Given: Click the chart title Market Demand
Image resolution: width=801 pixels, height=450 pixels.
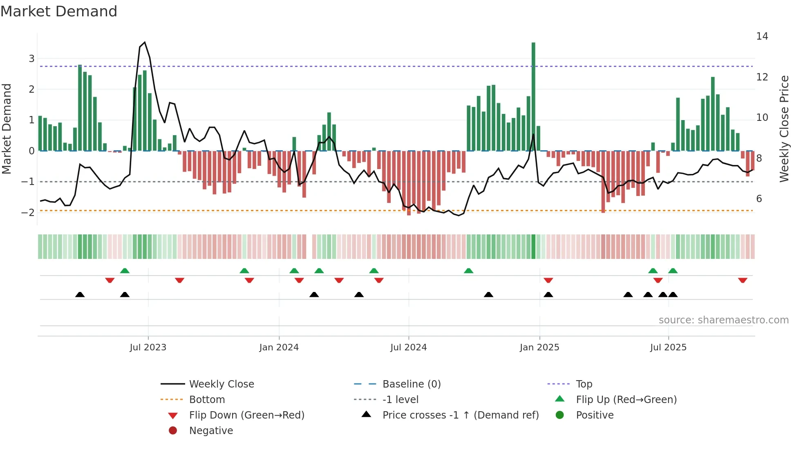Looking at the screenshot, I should pyautogui.click(x=59, y=11).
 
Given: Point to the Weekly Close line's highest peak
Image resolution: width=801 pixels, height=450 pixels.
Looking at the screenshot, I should pyautogui.click(x=145, y=42).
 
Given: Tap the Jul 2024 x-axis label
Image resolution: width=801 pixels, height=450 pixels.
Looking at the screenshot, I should pyautogui.click(x=408, y=348).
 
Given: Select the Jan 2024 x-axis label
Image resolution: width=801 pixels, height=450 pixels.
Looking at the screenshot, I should pyautogui.click(x=279, y=348).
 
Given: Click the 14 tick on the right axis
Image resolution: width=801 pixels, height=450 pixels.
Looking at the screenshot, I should pyautogui.click(x=762, y=36).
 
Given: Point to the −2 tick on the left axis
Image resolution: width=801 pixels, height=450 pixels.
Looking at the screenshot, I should pyautogui.click(x=28, y=212).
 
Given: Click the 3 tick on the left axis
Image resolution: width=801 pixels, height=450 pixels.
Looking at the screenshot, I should pyautogui.click(x=31, y=58).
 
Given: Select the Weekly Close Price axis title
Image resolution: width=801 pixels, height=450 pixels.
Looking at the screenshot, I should pyautogui.click(x=784, y=129).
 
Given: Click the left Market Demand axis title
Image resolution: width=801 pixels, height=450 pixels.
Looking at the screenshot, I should pyautogui.click(x=7, y=129).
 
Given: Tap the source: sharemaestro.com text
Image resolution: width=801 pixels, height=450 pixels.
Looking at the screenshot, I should pyautogui.click(x=723, y=320).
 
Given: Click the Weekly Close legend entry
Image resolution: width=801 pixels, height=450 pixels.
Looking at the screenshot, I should pyautogui.click(x=221, y=384).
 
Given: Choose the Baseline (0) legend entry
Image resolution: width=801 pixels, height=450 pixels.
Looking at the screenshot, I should pyautogui.click(x=411, y=384).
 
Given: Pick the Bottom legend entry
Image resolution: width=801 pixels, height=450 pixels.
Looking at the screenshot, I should pyautogui.click(x=207, y=400).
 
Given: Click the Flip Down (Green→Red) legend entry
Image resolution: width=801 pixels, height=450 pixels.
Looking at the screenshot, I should pyautogui.click(x=246, y=415).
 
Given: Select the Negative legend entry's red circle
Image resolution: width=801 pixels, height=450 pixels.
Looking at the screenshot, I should pyautogui.click(x=173, y=431).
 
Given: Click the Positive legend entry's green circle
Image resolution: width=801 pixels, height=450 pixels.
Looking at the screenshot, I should pyautogui.click(x=560, y=415).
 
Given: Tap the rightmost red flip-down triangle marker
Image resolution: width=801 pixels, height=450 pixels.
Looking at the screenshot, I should pyautogui.click(x=743, y=281).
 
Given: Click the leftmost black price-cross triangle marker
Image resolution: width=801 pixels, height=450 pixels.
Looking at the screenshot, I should pyautogui.click(x=80, y=294).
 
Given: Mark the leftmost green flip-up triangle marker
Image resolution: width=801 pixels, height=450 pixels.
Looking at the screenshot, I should pyautogui.click(x=125, y=271).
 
